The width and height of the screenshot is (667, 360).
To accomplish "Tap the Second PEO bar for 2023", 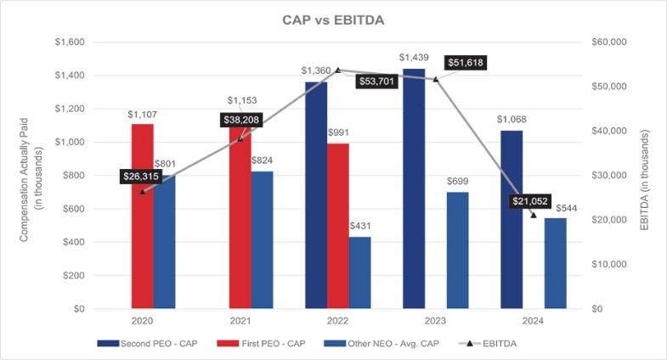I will pos(414,188).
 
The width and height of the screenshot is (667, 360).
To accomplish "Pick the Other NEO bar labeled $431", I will pos(359,273).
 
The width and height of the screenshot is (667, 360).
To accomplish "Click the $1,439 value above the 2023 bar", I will pos(414,58).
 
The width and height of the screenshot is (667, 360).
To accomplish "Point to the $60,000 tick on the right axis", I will pos(608,42).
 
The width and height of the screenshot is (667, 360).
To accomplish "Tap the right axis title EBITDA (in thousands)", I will pos(646,175).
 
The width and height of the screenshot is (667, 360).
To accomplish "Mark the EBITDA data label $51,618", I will pos(470,64).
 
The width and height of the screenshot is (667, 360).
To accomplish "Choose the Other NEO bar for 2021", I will pos(262,240).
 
